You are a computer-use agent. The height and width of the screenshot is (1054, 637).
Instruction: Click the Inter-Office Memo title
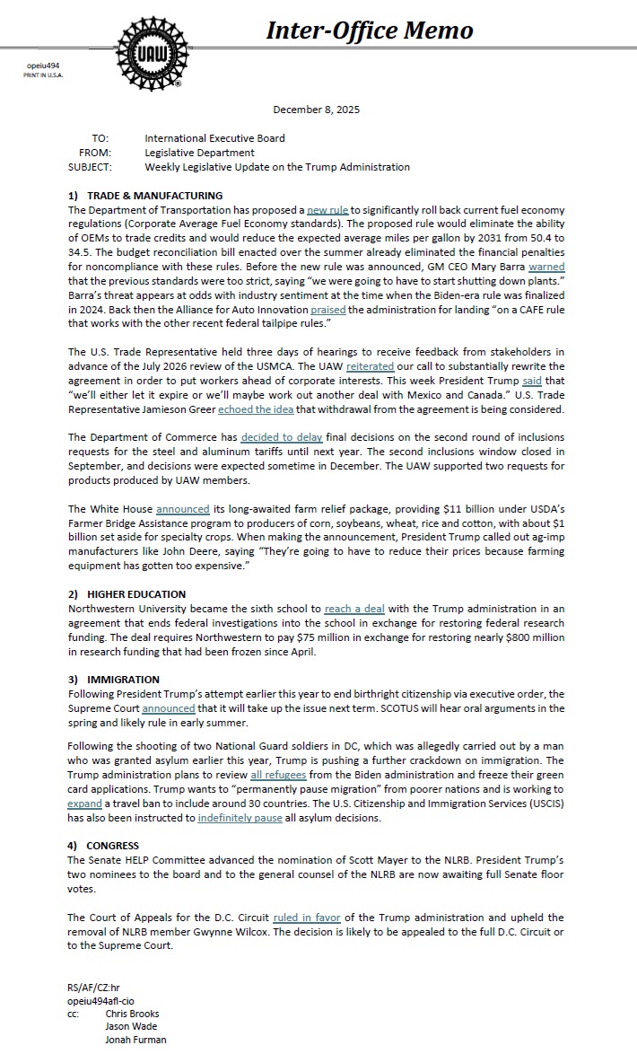click(x=370, y=31)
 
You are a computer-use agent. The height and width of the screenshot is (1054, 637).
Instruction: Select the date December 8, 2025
click(x=317, y=110)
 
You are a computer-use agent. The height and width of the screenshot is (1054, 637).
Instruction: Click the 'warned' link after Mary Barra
click(x=546, y=267)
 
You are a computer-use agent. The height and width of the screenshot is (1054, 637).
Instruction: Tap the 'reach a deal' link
click(x=354, y=609)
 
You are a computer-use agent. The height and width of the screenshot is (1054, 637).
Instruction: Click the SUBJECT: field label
click(x=89, y=167)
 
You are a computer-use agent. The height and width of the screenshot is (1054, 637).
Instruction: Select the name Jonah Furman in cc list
click(x=135, y=1040)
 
